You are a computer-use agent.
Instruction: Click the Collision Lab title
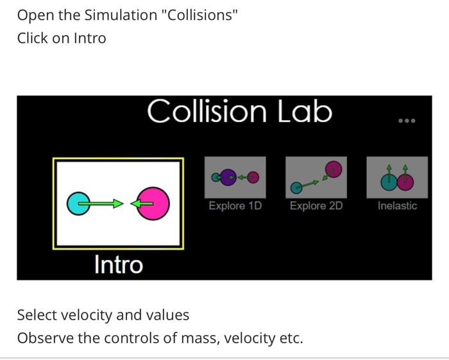click(x=239, y=112)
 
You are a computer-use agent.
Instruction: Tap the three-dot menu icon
click(x=407, y=121)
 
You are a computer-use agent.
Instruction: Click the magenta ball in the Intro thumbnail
click(x=155, y=203)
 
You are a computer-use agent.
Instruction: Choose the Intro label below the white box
click(x=119, y=264)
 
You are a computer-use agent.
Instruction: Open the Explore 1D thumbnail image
click(x=235, y=177)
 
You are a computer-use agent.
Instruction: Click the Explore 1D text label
click(x=235, y=206)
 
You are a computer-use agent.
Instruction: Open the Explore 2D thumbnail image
click(x=316, y=177)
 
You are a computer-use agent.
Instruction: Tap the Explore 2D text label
click(x=316, y=206)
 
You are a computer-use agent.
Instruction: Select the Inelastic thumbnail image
click(x=397, y=177)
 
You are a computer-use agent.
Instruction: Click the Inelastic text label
click(x=397, y=206)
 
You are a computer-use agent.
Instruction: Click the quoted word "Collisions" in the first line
click(x=202, y=15)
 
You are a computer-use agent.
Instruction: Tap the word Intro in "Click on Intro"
click(x=89, y=38)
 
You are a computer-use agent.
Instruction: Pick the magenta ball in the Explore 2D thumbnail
click(x=332, y=169)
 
